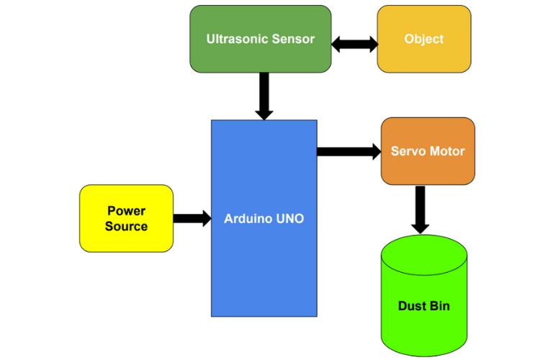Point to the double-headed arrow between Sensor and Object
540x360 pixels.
[x=354, y=44]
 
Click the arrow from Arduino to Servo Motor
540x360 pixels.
[x=348, y=151]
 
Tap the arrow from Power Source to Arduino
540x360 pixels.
[x=192, y=218]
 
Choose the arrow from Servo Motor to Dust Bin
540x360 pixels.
[x=420, y=209]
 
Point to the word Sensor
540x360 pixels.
[x=292, y=39]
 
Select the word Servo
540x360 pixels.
[x=408, y=151]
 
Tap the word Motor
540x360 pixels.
[x=447, y=151]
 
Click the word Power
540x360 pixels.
[x=126, y=211]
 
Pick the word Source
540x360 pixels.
[x=126, y=226]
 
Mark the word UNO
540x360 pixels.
[x=289, y=218]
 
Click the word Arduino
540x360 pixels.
[x=248, y=218]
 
